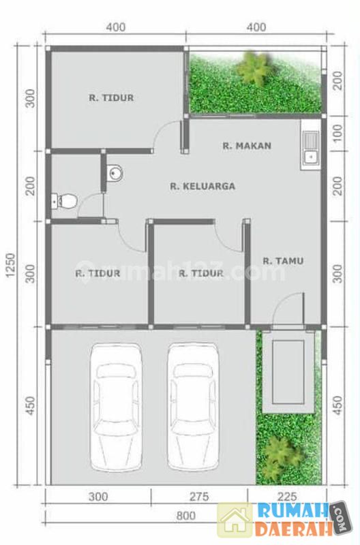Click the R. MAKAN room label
click(x=247, y=146)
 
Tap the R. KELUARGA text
click(x=202, y=186)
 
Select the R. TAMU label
click(x=283, y=261)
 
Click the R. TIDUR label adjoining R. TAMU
click(x=201, y=273)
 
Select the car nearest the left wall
click(x=116, y=406)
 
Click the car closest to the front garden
click(x=194, y=406)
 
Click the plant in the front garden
click(x=280, y=456)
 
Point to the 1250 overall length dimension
click(x=10, y=265)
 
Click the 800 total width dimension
click(x=185, y=516)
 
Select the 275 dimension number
click(x=199, y=497)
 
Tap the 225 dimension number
click(x=287, y=497)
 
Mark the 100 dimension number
click(x=337, y=134)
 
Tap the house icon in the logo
click(x=235, y=520)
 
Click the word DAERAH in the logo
click(x=292, y=529)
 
